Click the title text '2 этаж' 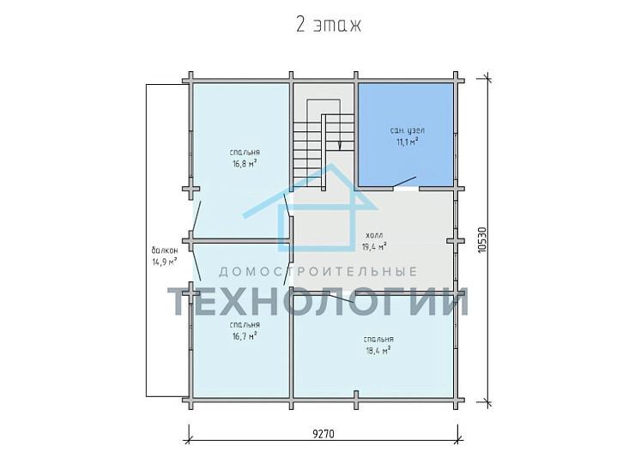pyautogui.click(x=329, y=25)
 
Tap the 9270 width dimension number pyautogui.click(x=324, y=433)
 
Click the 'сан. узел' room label pyautogui.click(x=407, y=130)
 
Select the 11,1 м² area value pyautogui.click(x=407, y=142)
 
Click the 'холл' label pyautogui.click(x=374, y=235)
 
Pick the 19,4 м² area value pyautogui.click(x=373, y=245)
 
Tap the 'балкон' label pyautogui.click(x=165, y=250)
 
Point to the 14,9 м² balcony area pyautogui.click(x=165, y=262)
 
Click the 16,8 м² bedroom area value pyautogui.click(x=245, y=164)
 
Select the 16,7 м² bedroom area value pyautogui.click(x=245, y=336)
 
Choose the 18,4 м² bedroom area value pyautogui.click(x=378, y=350)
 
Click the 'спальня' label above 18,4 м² pyautogui.click(x=378, y=339)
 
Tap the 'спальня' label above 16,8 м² pyautogui.click(x=245, y=153)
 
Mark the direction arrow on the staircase pyautogui.click(x=339, y=145)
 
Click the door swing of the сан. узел pyautogui.click(x=404, y=183)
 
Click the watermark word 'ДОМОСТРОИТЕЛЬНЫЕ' pyautogui.click(x=317, y=272)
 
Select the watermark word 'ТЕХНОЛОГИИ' pyautogui.click(x=317, y=302)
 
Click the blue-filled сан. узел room pyautogui.click(x=405, y=135)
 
